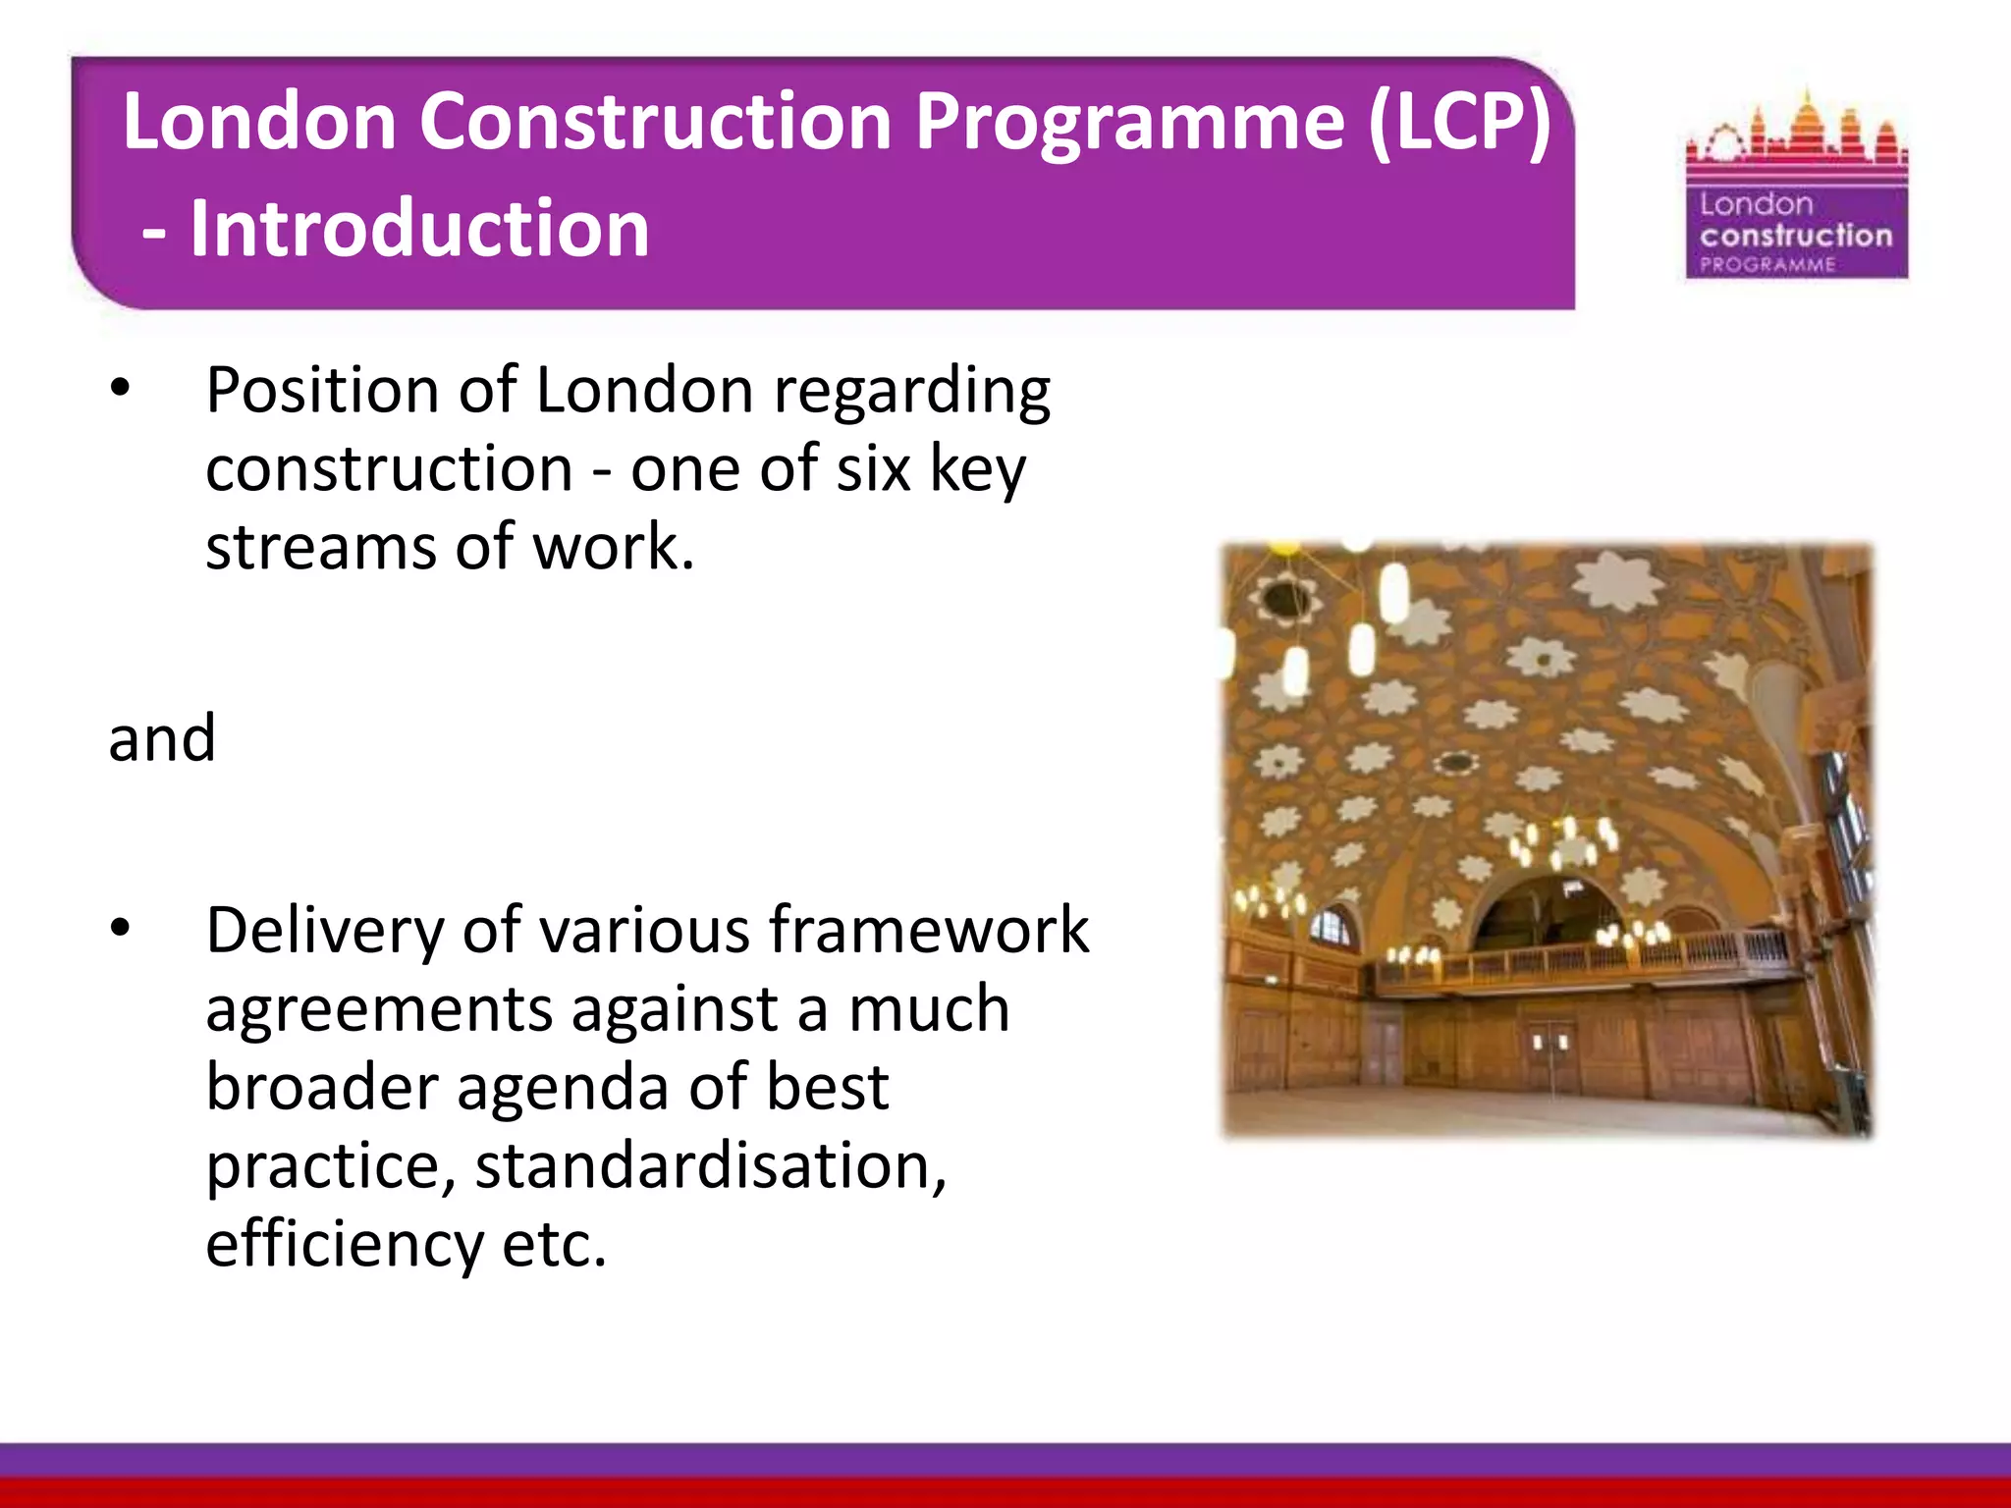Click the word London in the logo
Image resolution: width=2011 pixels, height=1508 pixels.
click(1756, 204)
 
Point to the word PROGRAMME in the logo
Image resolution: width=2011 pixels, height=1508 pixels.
click(1767, 264)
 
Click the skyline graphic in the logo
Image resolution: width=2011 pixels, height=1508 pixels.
click(1797, 137)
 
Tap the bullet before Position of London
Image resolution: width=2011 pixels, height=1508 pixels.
click(120, 390)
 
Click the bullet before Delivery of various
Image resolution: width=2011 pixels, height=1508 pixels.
click(120, 929)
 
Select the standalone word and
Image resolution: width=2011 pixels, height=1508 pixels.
click(162, 738)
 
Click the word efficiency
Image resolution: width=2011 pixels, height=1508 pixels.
click(344, 1245)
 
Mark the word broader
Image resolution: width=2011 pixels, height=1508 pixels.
click(321, 1087)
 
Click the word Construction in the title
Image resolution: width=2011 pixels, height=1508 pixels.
click(655, 122)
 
